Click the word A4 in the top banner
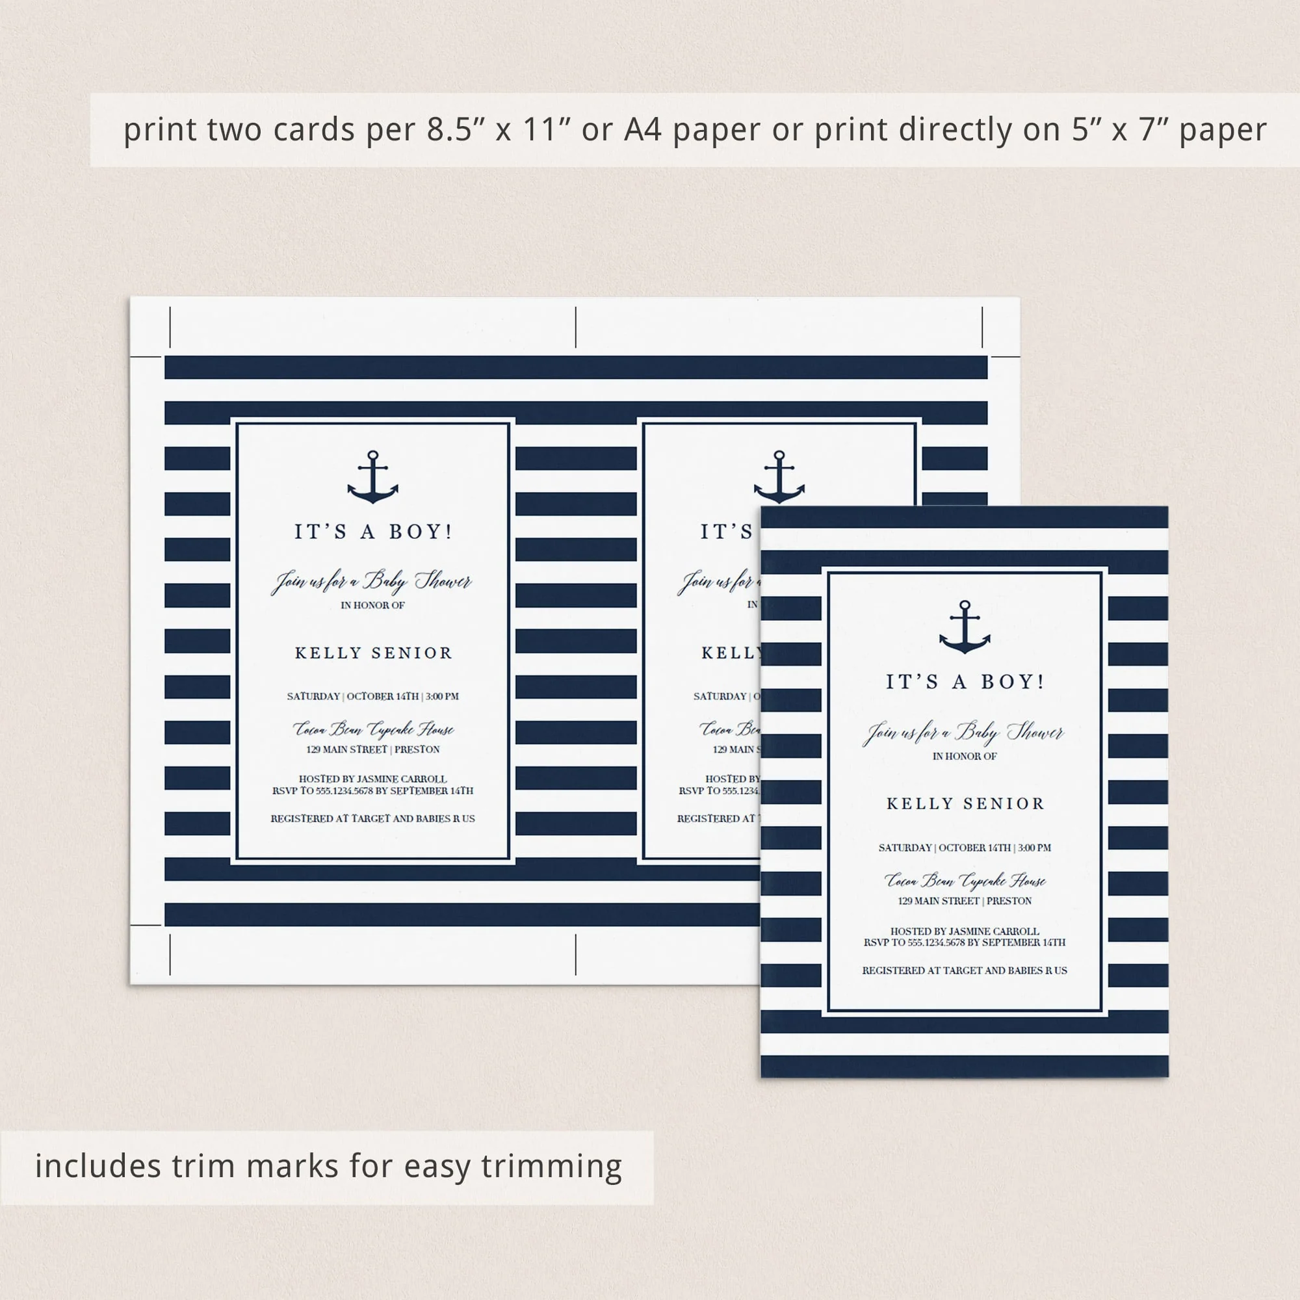click(x=643, y=130)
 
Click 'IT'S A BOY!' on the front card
click(x=964, y=682)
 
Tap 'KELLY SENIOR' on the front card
click(x=965, y=803)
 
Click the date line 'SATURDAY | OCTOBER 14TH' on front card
click(x=964, y=848)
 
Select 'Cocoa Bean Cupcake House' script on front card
click(x=964, y=880)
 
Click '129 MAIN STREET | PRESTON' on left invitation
click(x=372, y=749)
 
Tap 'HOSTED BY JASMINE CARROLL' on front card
click(x=964, y=931)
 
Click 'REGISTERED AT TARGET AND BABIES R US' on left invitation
click(x=372, y=819)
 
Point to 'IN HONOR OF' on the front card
click(x=964, y=757)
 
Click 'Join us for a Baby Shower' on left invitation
click(x=372, y=581)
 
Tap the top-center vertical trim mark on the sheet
click(x=576, y=327)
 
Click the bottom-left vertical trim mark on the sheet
click(x=170, y=954)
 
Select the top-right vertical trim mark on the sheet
click(x=982, y=327)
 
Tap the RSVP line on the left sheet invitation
click(x=372, y=790)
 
